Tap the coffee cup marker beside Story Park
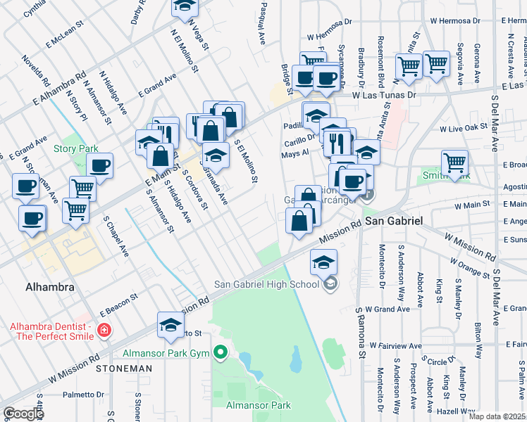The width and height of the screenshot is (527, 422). tap(100, 166)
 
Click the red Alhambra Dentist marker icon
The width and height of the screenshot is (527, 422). tap(104, 329)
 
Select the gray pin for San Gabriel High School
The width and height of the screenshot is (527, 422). tap(329, 283)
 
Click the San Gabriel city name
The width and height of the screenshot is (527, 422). tap(393, 221)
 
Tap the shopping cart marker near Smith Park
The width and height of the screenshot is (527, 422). tap(455, 162)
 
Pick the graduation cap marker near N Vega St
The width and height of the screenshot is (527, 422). tap(185, 6)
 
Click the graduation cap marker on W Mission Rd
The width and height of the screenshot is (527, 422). tap(170, 324)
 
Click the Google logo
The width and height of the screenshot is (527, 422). tap(23, 414)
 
